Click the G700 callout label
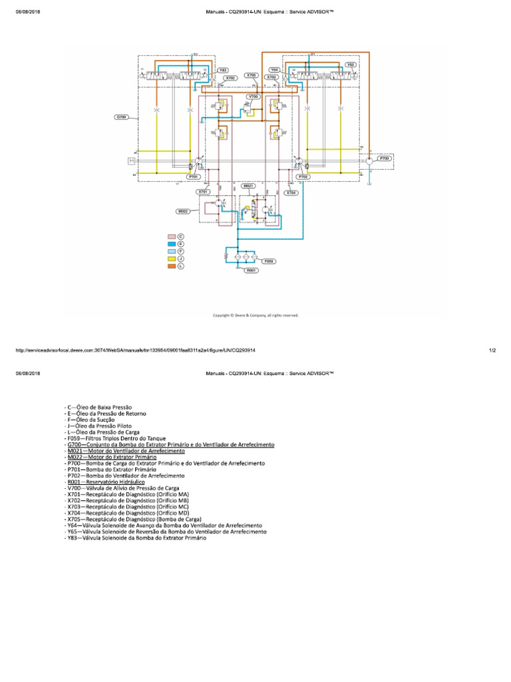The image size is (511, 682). [121, 117]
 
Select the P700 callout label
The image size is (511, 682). [384, 158]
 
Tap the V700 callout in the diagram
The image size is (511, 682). [252, 97]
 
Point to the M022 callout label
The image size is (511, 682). [183, 211]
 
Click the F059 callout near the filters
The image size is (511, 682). [269, 261]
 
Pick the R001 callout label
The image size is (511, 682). [251, 271]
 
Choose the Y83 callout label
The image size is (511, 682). [223, 70]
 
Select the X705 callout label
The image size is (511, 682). [252, 75]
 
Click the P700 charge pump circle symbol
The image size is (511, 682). [367, 161]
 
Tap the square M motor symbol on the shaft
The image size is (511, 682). [132, 161]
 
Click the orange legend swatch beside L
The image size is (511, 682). [171, 266]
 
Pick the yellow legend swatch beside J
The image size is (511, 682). [171, 258]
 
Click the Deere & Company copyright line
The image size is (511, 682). [255, 315]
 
